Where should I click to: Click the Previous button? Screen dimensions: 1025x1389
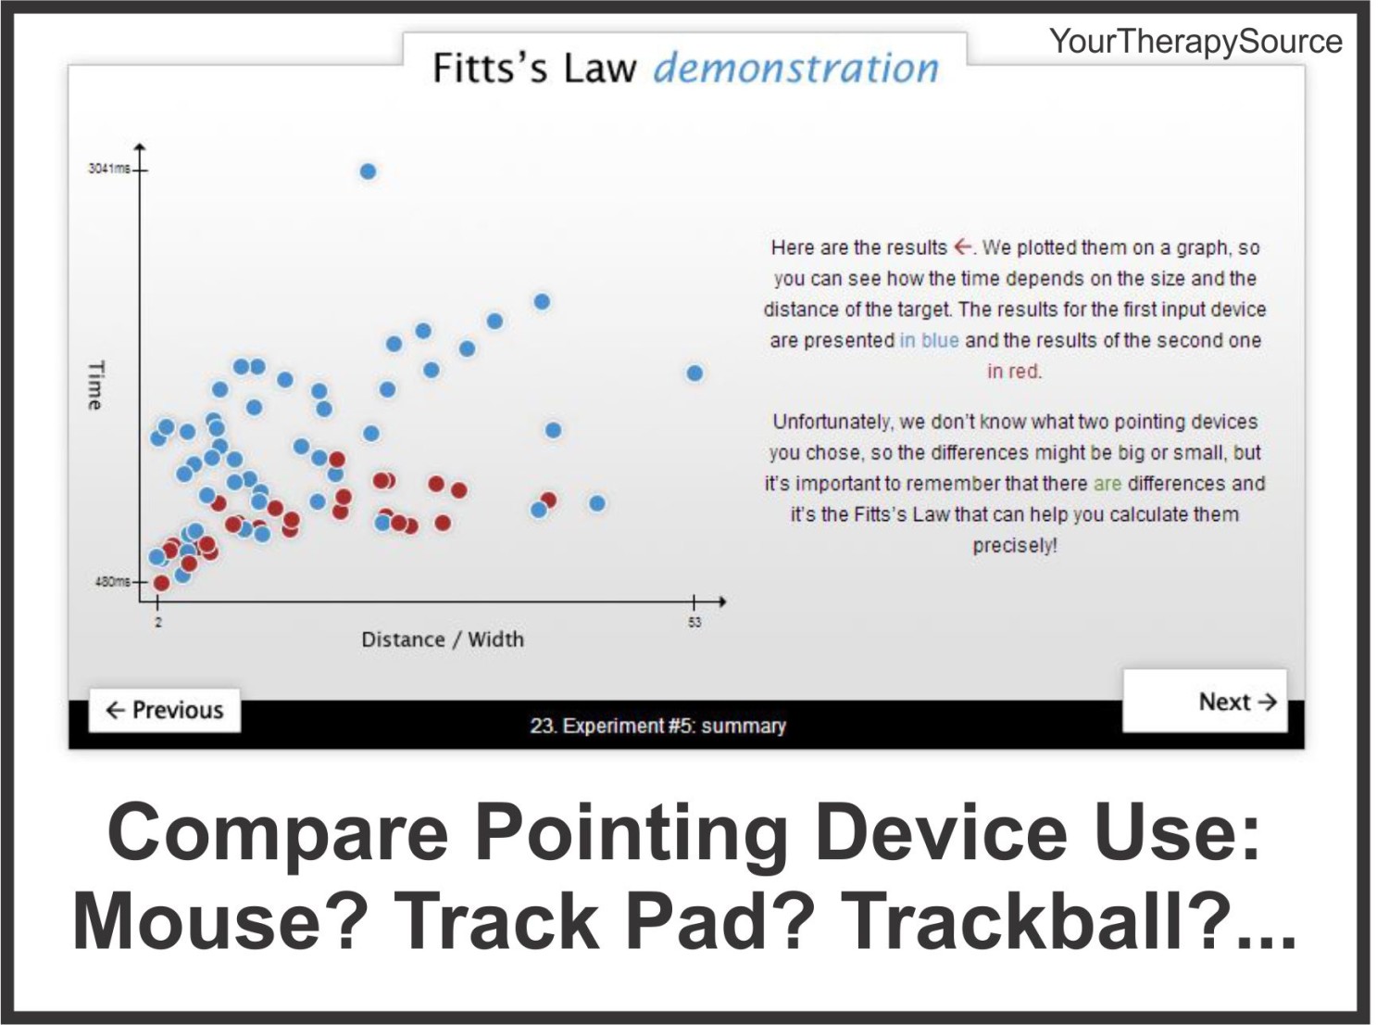tap(165, 710)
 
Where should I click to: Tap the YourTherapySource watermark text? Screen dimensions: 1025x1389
tap(1195, 42)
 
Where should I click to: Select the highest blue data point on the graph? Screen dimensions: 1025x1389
tap(368, 171)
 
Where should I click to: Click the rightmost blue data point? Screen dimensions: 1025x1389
tap(694, 373)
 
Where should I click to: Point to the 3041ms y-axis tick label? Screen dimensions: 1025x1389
tap(108, 169)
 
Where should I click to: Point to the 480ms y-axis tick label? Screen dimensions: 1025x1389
tap(111, 582)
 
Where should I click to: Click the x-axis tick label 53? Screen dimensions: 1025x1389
tap(694, 623)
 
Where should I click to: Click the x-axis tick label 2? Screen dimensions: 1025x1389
tap(158, 622)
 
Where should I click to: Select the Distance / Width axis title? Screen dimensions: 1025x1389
tap(442, 639)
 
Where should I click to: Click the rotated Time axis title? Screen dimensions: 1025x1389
tap(95, 385)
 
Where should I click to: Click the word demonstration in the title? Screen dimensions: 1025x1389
tap(795, 69)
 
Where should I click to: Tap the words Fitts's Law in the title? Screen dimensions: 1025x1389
tap(534, 69)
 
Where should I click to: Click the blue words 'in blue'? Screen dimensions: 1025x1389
tap(929, 340)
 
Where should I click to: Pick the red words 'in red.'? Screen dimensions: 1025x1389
tap(1014, 372)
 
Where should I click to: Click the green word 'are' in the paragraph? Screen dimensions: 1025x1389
tap(1107, 484)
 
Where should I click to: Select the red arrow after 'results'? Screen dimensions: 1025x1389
tap(963, 247)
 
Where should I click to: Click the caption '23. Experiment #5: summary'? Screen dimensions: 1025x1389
tap(657, 726)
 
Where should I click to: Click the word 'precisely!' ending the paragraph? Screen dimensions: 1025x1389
tap(1014, 546)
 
